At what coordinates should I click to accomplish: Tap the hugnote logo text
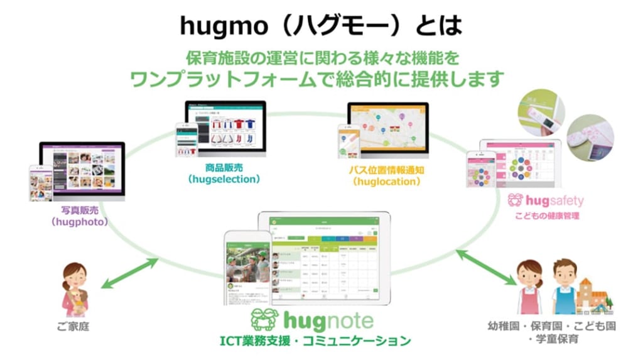click(x=327, y=320)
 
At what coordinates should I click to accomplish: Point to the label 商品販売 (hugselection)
click(x=224, y=174)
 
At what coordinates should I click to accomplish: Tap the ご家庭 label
click(x=74, y=327)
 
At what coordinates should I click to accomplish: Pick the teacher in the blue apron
click(x=563, y=286)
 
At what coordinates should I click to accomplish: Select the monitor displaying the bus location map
click(x=387, y=129)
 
